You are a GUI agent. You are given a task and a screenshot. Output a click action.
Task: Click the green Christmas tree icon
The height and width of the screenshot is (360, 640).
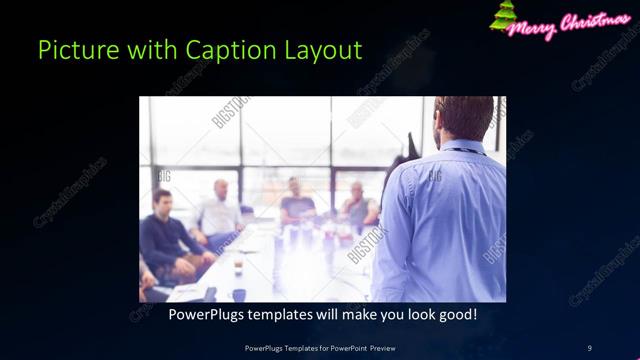502,17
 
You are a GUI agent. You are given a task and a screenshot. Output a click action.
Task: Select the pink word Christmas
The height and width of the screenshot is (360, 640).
595,23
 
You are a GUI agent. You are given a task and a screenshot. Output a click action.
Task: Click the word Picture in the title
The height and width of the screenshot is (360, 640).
72,50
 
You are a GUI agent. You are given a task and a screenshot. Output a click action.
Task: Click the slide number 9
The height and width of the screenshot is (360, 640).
589,347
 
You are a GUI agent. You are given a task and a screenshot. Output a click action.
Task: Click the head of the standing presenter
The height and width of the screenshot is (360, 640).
463,118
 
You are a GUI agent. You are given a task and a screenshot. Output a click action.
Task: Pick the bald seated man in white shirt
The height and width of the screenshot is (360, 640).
221,212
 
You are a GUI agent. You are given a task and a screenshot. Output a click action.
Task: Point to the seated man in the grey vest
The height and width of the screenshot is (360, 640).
357,207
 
